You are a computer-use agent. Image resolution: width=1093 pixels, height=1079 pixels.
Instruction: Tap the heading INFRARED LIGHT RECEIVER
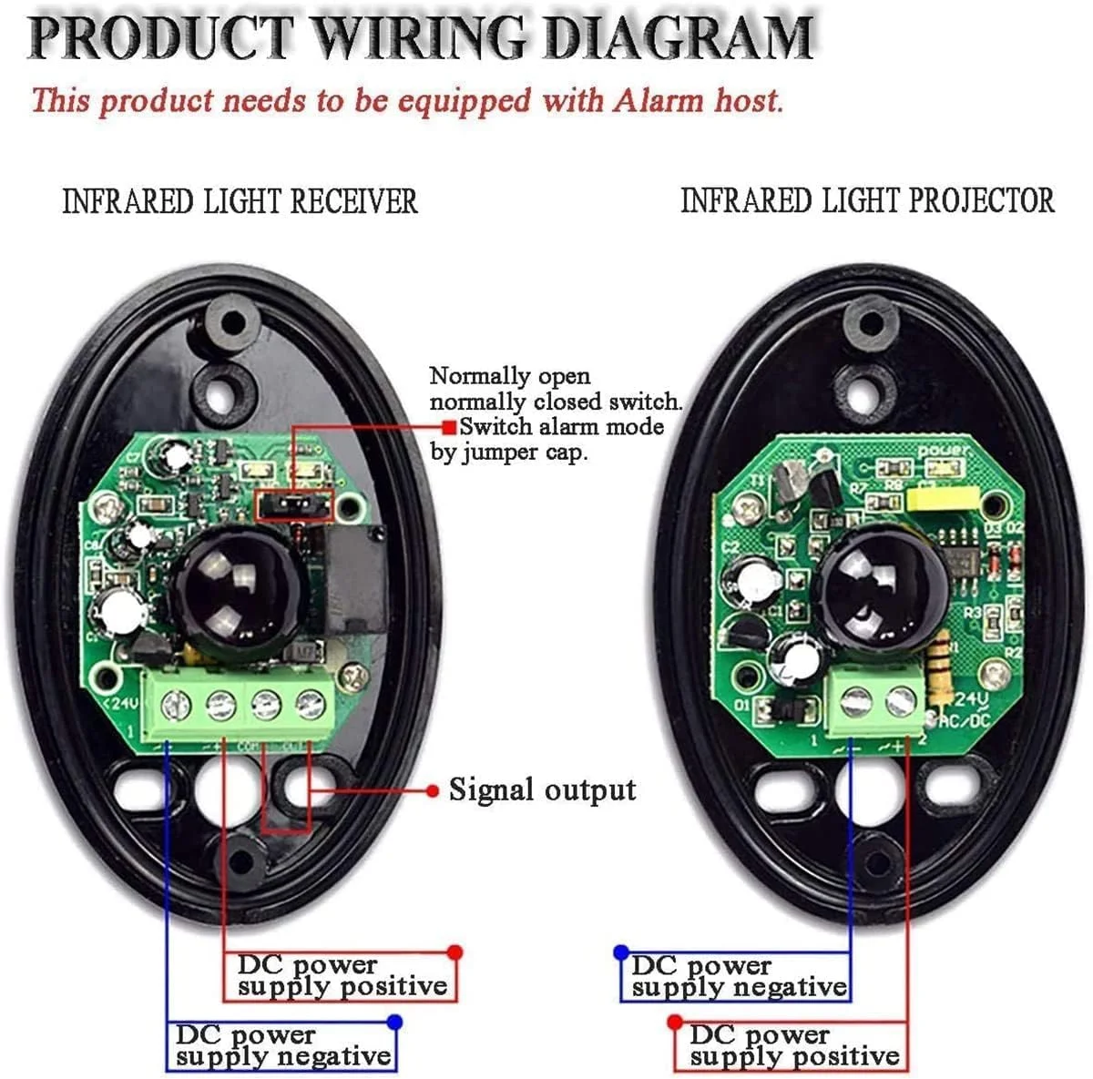click(240, 201)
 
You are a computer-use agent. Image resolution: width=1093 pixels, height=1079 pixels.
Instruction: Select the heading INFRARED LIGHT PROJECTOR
click(867, 200)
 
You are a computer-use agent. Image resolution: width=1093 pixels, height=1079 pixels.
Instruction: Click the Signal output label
click(542, 790)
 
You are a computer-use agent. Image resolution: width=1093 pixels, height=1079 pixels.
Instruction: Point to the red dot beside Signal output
click(433, 790)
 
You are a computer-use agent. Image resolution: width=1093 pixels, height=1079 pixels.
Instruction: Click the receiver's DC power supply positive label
click(342, 976)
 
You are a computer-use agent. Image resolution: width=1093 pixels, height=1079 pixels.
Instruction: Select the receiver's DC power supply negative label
click(282, 1046)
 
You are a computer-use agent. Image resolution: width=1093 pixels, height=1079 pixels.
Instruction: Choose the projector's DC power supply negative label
click(738, 977)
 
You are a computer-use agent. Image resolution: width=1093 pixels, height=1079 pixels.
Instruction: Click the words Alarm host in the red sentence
click(698, 100)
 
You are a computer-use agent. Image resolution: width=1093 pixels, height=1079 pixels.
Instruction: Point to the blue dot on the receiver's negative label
click(394, 1022)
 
